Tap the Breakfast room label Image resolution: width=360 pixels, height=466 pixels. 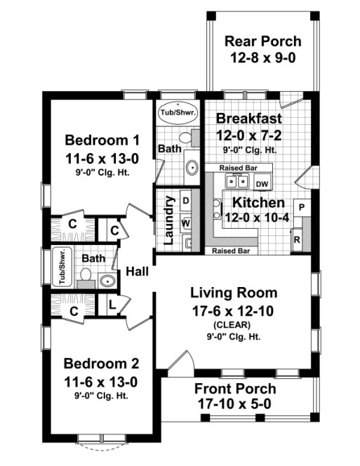[x=249, y=118]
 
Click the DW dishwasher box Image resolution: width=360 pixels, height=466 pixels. [x=262, y=184]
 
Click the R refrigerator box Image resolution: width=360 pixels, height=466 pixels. [x=298, y=239]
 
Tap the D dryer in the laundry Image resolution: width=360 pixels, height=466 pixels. [x=185, y=201]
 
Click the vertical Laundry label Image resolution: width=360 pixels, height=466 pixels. [x=169, y=220]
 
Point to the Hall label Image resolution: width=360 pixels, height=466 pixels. [x=138, y=272]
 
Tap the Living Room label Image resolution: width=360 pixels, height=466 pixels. [x=234, y=293]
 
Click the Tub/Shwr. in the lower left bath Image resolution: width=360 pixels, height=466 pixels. [x=61, y=267]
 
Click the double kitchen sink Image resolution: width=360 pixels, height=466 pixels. [x=236, y=182]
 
